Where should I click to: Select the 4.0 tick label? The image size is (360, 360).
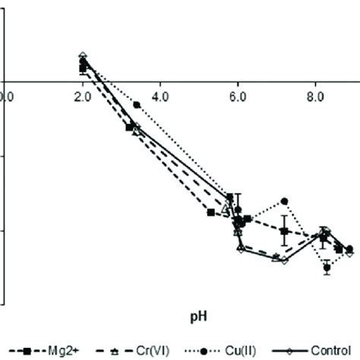(x=160, y=96)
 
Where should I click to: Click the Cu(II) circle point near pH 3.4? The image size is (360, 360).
(x=137, y=105)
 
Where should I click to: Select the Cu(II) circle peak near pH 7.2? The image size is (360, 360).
(x=285, y=201)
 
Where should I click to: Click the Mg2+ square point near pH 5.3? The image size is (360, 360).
(x=210, y=213)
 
